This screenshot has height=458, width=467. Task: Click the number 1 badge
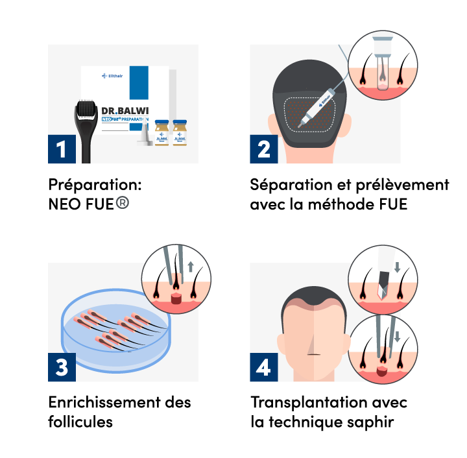click(62, 149)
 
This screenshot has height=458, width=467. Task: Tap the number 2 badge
click(263, 149)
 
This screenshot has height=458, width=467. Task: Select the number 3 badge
click(62, 368)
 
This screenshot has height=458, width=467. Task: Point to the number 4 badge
click(263, 368)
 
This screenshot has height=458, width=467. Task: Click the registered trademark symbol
click(122, 202)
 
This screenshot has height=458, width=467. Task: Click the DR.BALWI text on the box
click(125, 111)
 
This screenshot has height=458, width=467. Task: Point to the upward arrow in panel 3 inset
click(191, 267)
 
